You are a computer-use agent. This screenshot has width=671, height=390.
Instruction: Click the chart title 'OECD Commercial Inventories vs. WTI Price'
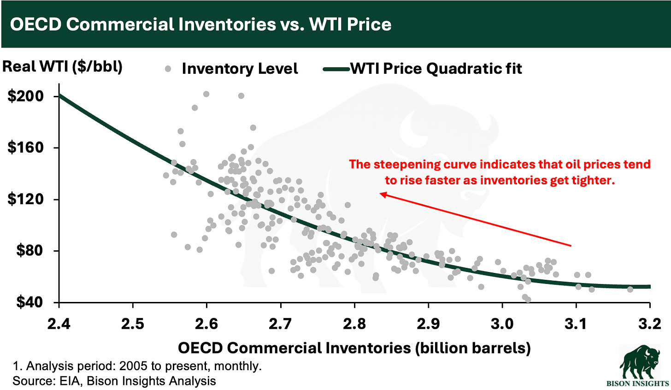coord(200,24)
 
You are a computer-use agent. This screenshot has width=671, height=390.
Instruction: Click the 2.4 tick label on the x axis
coord(59,324)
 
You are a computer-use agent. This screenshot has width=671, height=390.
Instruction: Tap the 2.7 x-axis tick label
coord(281,324)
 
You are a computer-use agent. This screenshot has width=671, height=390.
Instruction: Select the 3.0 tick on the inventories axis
coord(502,324)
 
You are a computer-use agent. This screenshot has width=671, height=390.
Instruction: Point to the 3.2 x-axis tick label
coord(649,324)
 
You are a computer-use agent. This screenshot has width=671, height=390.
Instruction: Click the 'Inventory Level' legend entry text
coord(240,69)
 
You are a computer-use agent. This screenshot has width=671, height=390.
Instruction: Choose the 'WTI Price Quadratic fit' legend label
coord(436,69)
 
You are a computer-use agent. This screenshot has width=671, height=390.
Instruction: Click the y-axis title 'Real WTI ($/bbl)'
coord(63,66)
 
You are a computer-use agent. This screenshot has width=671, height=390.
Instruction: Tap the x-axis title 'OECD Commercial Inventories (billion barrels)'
coord(354,347)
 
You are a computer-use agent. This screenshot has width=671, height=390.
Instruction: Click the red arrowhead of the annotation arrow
coord(382,195)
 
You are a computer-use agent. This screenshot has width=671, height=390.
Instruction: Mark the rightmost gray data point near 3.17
coord(630,290)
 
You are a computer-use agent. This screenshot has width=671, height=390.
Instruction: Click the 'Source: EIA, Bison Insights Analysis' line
coord(114,381)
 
